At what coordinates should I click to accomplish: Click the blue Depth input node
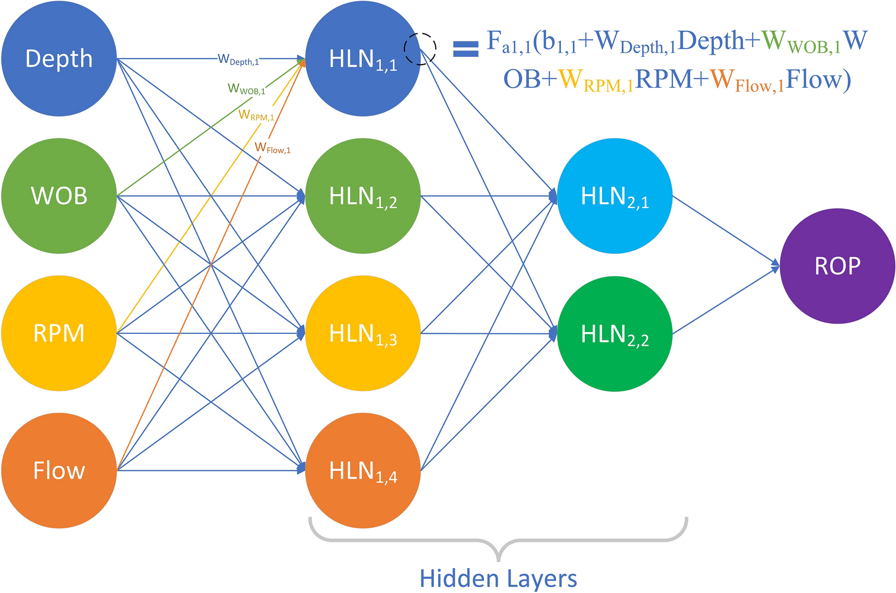pos(59,58)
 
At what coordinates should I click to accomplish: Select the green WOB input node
pos(59,196)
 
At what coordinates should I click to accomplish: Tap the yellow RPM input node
pos(59,333)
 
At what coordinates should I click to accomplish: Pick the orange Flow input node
pos(59,470)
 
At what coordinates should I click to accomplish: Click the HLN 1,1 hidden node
pos(363,59)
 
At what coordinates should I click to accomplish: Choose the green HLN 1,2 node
pos(363,196)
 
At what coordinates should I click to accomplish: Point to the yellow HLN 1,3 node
pos(363,333)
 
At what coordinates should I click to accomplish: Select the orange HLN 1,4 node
pos(363,471)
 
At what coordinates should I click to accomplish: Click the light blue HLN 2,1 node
pos(615,196)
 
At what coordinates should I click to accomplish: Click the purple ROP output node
pos(837,266)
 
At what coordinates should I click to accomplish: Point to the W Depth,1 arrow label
pos(238,59)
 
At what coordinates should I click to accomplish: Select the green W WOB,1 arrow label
pos(246,90)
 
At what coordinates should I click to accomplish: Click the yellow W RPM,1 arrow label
pos(256,115)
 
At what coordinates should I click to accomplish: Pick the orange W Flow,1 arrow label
pos(272,148)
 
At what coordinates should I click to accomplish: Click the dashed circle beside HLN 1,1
pos(420,49)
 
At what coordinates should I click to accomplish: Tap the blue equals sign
pos(465,49)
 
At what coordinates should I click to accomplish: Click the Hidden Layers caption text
pos(498,578)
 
